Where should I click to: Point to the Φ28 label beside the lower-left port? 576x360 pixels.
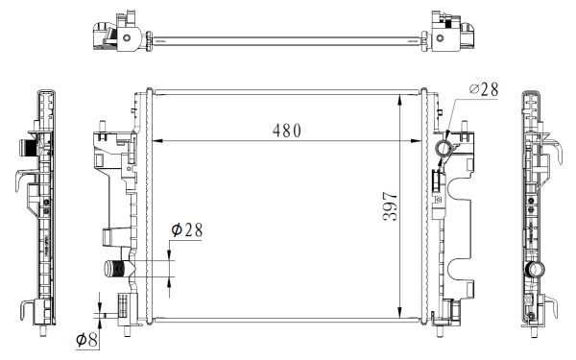point(188,230)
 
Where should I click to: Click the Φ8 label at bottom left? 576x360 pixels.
point(87,339)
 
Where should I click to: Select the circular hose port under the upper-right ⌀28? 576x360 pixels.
point(444,149)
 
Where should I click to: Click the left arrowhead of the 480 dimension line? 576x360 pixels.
point(158,142)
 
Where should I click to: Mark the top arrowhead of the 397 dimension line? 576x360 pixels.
point(399,98)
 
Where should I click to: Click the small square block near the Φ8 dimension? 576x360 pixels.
point(122,306)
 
